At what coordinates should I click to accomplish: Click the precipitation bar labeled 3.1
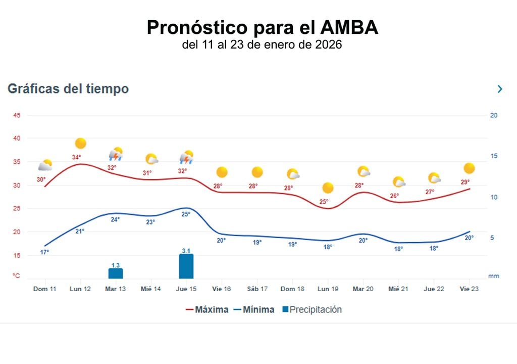point(186,266)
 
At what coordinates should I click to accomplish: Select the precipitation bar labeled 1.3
point(116,273)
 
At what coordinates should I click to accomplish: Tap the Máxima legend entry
point(206,309)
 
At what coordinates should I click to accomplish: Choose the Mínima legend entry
point(254,309)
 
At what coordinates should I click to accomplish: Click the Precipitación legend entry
point(312,309)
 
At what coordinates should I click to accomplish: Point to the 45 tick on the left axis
point(17,115)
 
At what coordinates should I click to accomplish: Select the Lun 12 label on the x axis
point(80,289)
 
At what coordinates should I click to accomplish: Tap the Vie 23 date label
point(469,289)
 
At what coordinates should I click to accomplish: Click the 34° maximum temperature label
point(76,157)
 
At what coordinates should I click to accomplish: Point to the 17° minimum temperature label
point(44,252)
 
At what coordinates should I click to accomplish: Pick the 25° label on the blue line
point(186,214)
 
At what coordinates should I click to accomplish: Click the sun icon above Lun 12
point(80,144)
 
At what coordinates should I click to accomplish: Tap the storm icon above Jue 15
point(187,158)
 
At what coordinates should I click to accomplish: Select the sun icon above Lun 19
point(328,188)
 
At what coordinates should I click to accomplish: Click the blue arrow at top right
point(500,89)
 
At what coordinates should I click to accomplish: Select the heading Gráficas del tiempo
point(68,89)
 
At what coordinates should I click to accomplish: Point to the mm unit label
point(493,276)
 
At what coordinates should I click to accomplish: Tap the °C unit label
point(17,276)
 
